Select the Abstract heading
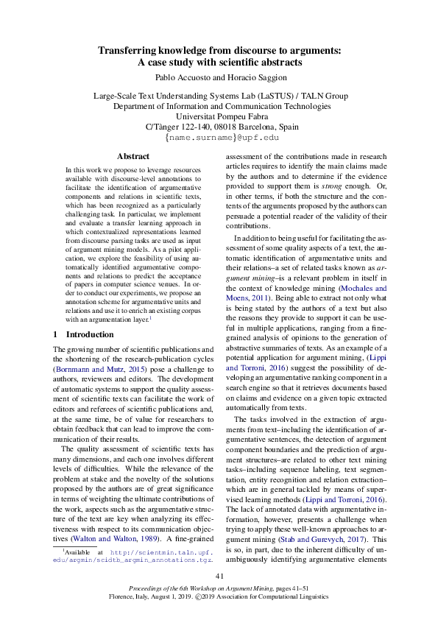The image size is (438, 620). point(133,156)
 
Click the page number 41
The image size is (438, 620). point(219,575)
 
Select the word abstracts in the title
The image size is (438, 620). point(282,62)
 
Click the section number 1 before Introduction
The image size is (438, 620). point(56,334)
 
